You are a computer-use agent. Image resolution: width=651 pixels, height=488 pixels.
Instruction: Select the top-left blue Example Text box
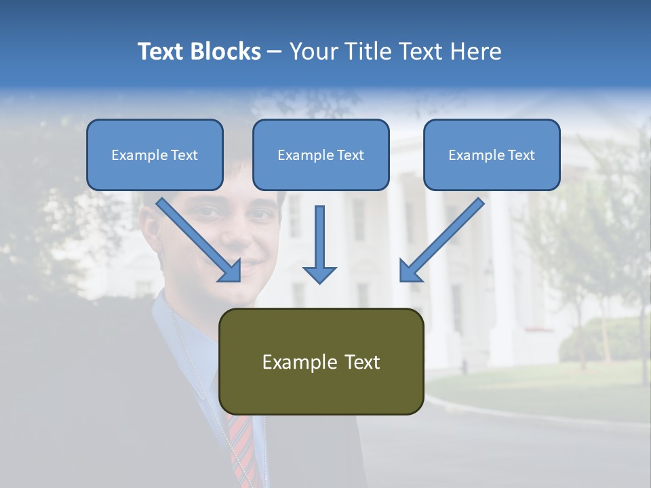[x=155, y=155]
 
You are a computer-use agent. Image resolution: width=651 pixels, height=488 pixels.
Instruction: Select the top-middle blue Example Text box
[x=321, y=155]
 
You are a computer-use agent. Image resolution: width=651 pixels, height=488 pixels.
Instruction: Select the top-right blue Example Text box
[x=492, y=155]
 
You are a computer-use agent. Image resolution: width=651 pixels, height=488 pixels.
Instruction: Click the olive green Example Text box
[x=321, y=361]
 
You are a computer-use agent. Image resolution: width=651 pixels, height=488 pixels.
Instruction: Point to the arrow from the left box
[x=201, y=241]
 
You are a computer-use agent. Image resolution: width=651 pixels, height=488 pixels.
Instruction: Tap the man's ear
[x=149, y=224]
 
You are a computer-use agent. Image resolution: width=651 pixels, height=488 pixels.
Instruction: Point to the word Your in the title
[x=313, y=52]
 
